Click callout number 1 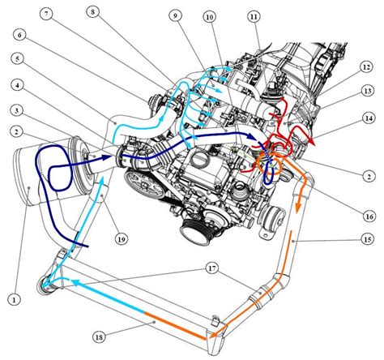pyautogui.click(x=15, y=299)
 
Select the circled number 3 pyautogui.click(x=17, y=110)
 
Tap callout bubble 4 pyautogui.click(x=18, y=85)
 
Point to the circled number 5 pyautogui.click(x=18, y=59)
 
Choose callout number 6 pyautogui.click(x=20, y=35)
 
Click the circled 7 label pyautogui.click(x=46, y=15)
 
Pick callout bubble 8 pyautogui.click(x=93, y=12)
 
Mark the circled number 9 pyautogui.click(x=176, y=15)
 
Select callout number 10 pyautogui.click(x=210, y=17)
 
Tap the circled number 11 pyautogui.click(x=254, y=17)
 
